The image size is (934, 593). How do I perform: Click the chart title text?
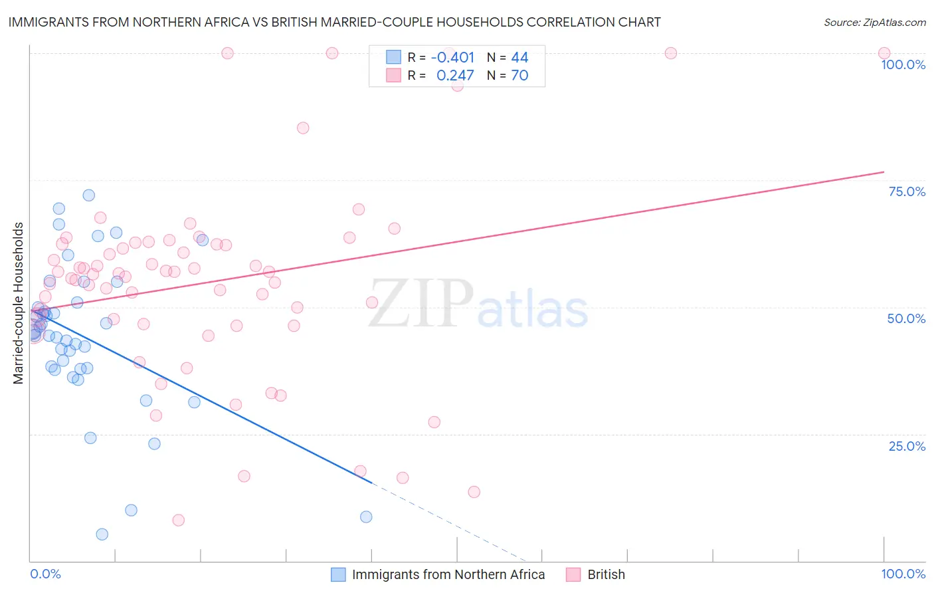pyautogui.click(x=334, y=22)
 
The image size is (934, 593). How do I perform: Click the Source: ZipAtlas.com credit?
pyautogui.click(x=874, y=23)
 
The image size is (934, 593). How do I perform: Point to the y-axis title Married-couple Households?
pyautogui.click(x=19, y=303)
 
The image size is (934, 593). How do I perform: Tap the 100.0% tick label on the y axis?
pyautogui.click(x=903, y=64)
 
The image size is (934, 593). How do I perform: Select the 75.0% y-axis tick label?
pyautogui.click(x=907, y=191)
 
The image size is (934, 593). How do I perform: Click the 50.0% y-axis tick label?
pyautogui.click(x=906, y=318)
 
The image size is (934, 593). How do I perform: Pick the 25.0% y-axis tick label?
pyautogui.click(x=907, y=446)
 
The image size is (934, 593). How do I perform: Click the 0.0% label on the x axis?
pyautogui.click(x=45, y=574)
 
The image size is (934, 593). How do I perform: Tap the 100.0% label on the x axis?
pyautogui.click(x=903, y=574)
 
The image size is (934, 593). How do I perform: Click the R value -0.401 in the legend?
pyautogui.click(x=452, y=58)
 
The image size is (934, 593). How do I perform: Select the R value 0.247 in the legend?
pyautogui.click(x=455, y=76)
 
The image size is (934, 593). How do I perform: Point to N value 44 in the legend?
pyautogui.click(x=519, y=58)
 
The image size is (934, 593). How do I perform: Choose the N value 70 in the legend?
pyautogui.click(x=519, y=76)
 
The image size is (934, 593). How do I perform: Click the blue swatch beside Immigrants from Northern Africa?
pyautogui.click(x=338, y=574)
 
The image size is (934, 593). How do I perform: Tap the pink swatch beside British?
pyautogui.click(x=573, y=574)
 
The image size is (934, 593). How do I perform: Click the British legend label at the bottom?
pyautogui.click(x=606, y=574)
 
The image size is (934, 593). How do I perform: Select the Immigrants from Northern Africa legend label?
pyautogui.click(x=448, y=574)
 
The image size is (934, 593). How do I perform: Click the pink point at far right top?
pyautogui.click(x=884, y=53)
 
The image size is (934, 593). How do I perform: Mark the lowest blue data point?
pyautogui.click(x=102, y=534)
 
